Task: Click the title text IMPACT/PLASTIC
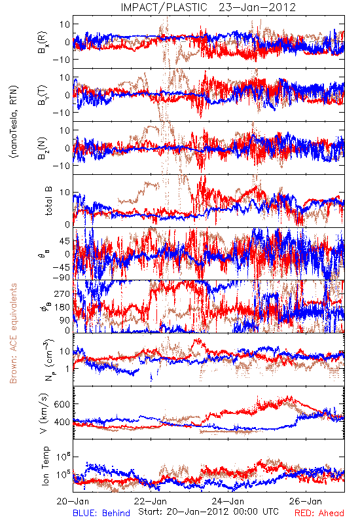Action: [164, 7]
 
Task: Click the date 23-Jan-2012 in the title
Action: [257, 7]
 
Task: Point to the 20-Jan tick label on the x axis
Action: [73, 501]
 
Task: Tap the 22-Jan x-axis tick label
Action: [151, 501]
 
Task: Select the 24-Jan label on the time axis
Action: [228, 501]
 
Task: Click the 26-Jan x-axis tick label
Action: [306, 501]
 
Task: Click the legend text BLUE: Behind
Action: [101, 514]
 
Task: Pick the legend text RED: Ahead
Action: [319, 514]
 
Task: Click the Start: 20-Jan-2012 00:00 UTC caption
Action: [208, 512]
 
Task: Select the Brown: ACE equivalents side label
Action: [13, 333]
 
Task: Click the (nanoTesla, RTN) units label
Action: [14, 122]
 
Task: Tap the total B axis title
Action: [48, 201]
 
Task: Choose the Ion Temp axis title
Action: [45, 466]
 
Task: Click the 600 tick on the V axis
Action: [62, 404]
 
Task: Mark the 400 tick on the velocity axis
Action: [62, 422]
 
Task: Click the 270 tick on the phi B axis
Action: [62, 293]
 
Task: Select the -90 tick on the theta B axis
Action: [61, 277]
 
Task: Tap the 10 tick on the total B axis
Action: [65, 193]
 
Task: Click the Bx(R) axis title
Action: [43, 43]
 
